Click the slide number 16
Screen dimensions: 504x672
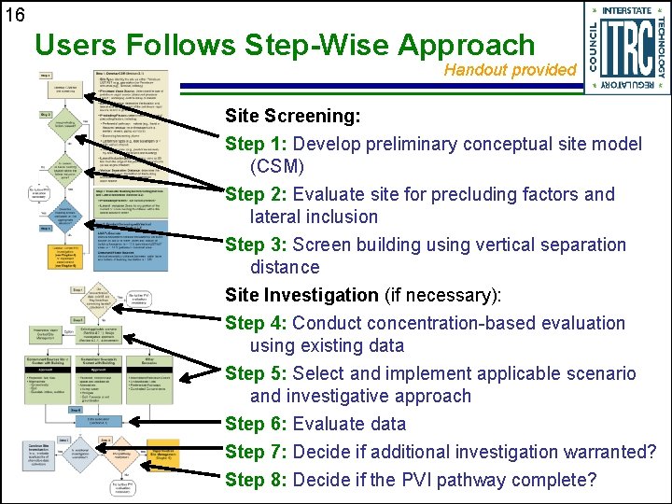(16, 15)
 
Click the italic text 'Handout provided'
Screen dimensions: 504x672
(510, 70)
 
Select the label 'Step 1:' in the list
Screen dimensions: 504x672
(257, 145)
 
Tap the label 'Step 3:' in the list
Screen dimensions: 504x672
(257, 245)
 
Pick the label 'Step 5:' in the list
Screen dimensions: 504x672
(257, 374)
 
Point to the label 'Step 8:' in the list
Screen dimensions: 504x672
(257, 481)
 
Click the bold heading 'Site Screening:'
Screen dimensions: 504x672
(292, 117)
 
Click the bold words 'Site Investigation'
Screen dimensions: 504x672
(301, 296)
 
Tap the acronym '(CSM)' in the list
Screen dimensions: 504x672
(277, 167)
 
